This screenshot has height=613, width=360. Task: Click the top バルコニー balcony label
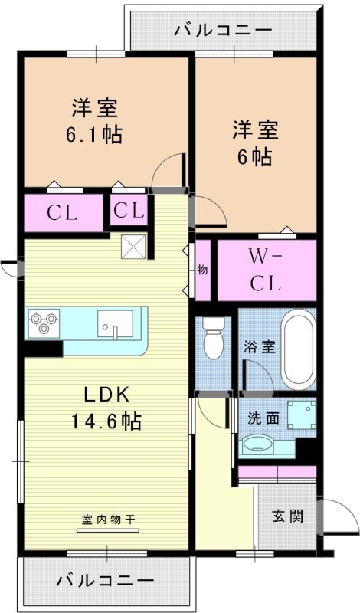(x=223, y=31)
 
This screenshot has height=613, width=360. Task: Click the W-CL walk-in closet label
(x=266, y=270)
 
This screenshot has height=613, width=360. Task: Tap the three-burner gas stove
(x=44, y=322)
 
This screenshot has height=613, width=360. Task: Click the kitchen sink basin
(x=115, y=323)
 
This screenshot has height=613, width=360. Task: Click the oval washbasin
(x=259, y=444)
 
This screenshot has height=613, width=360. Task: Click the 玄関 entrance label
(x=287, y=516)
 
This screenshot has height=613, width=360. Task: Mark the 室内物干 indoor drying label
(x=108, y=519)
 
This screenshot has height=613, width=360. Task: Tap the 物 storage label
(x=203, y=270)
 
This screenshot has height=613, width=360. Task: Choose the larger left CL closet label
(x=63, y=213)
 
